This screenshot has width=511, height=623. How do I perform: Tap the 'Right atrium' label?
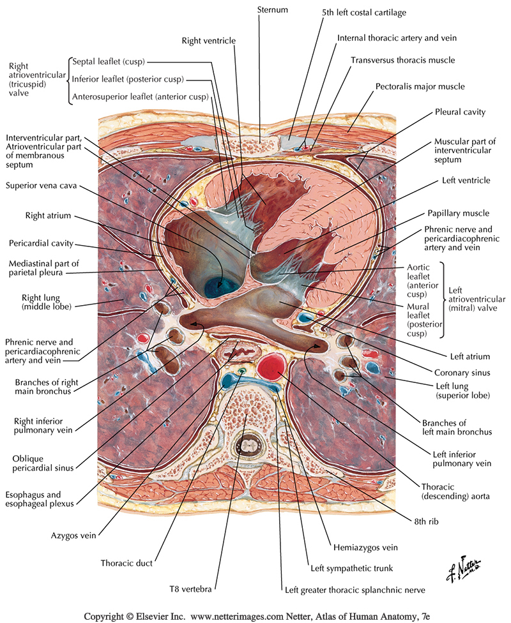(x=48, y=216)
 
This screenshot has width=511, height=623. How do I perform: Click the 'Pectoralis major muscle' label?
(x=428, y=86)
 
